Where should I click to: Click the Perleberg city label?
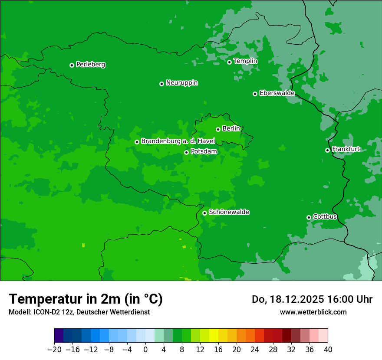(90, 65)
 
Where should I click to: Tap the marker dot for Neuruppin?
(161, 84)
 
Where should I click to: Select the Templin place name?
(245, 61)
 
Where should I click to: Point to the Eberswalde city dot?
(255, 94)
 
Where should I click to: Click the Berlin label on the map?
(231, 128)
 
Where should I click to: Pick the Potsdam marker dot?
(186, 152)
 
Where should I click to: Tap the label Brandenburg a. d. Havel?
(178, 141)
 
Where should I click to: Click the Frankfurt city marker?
(327, 150)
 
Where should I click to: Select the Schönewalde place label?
(229, 212)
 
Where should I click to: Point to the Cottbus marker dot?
(309, 217)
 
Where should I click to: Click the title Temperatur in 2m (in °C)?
(86, 299)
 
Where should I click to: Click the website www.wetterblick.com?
(313, 312)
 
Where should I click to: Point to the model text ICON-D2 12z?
(50, 312)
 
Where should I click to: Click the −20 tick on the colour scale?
(54, 350)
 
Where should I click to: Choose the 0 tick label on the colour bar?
(145, 350)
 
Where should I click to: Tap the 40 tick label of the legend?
(328, 350)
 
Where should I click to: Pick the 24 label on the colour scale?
(255, 350)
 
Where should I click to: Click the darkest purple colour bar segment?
(59, 336)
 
